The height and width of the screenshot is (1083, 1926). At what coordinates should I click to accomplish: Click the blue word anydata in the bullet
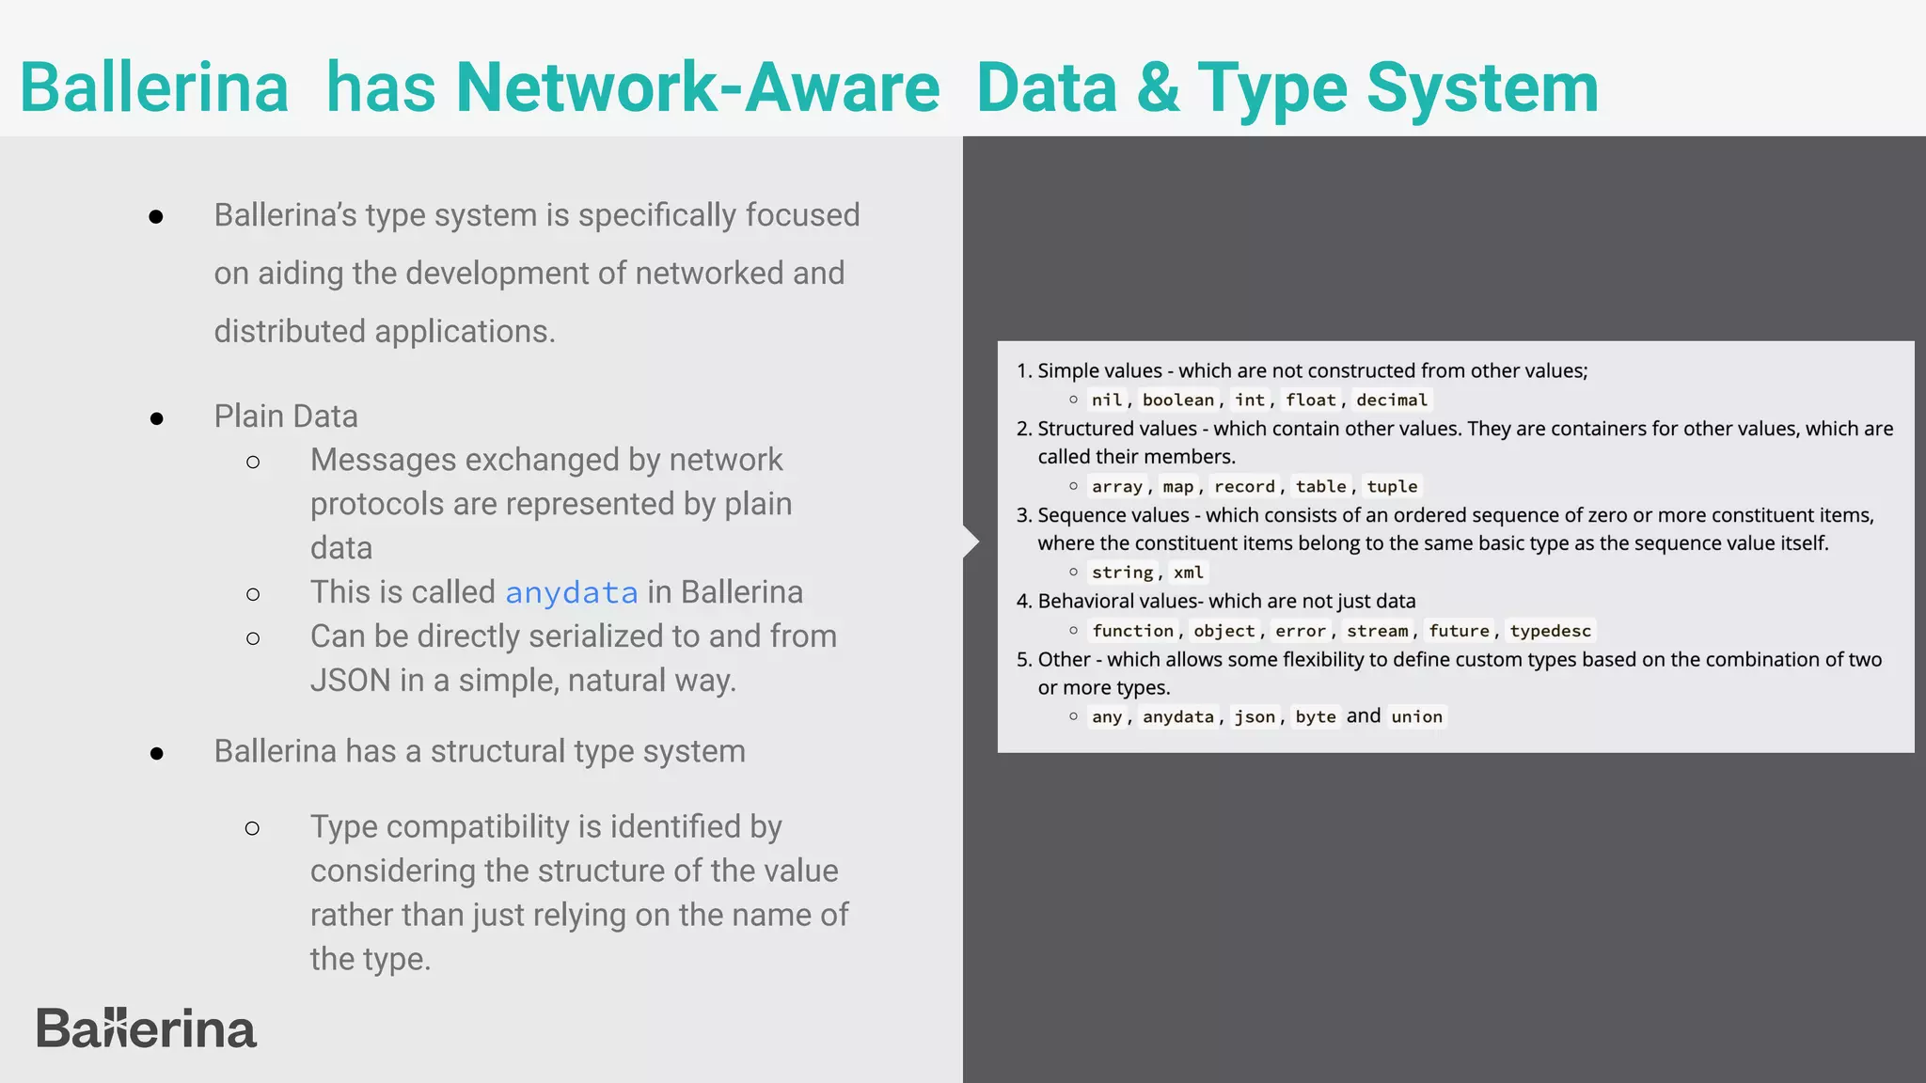[x=571, y=593]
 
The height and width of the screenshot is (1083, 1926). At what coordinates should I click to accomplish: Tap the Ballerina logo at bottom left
[x=146, y=1028]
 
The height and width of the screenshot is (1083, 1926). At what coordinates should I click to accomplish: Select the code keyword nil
[x=1106, y=400]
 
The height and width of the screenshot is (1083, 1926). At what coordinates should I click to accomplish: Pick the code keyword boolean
[x=1177, y=400]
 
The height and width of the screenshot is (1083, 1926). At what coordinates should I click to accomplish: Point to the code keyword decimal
[x=1391, y=400]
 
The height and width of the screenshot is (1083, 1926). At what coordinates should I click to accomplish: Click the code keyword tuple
[x=1392, y=486]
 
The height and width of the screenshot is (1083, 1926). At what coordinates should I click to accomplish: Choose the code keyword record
[x=1244, y=486]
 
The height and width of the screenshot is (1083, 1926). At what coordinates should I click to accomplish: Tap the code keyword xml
[x=1188, y=573]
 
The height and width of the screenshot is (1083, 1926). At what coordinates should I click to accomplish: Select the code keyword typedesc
[x=1550, y=631]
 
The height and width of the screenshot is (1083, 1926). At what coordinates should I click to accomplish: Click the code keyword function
[x=1132, y=631]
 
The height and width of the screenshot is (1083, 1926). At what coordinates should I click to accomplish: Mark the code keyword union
[x=1416, y=717]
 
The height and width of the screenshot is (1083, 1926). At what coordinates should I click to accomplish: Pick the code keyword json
[x=1255, y=717]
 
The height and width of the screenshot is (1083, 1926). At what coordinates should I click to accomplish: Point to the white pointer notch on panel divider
[x=971, y=541]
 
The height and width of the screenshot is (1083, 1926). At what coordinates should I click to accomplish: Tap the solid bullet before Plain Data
[x=157, y=418]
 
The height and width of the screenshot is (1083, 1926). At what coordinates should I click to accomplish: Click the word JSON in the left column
[x=350, y=681]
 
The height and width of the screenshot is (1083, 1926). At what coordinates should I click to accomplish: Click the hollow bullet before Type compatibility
[x=252, y=828]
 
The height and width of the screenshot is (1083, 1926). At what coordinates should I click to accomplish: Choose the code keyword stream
[x=1377, y=631]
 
